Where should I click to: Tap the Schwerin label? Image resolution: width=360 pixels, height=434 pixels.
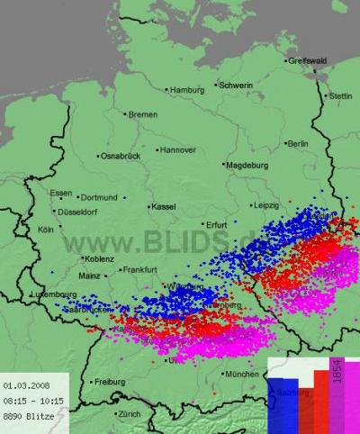point(236,85)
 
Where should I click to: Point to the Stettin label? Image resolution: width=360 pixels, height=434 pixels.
point(341,95)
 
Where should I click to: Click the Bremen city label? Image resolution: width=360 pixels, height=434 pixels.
point(142,114)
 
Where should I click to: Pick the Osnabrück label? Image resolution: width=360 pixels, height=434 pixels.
point(121,156)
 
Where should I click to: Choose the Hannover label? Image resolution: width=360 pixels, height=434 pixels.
point(176,149)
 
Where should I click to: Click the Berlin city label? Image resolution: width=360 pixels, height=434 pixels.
point(296,143)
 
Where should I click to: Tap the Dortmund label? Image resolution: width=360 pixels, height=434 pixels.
point(99,197)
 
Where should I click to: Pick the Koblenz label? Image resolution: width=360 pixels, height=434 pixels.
point(99,259)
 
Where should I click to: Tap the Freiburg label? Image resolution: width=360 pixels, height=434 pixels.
point(110,382)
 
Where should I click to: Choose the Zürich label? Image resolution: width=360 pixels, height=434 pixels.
point(129,414)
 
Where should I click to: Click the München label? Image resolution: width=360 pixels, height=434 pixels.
point(242,374)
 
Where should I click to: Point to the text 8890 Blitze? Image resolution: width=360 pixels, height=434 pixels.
point(28,415)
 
